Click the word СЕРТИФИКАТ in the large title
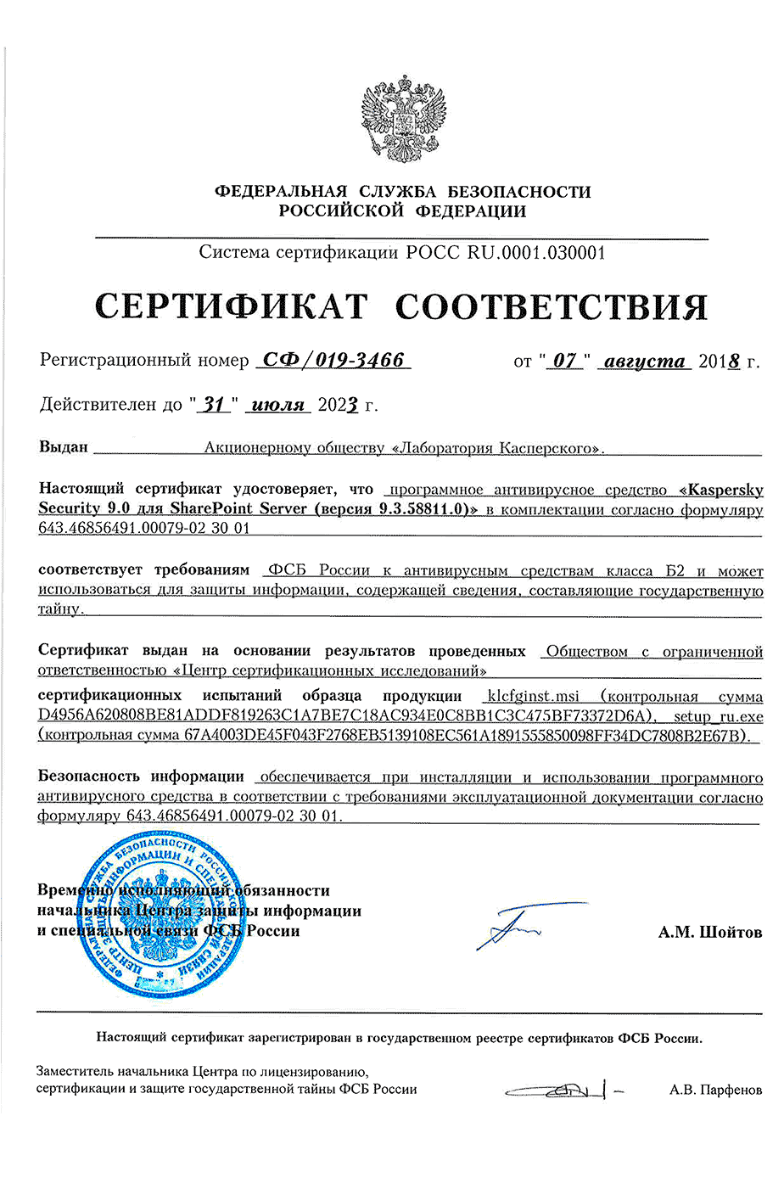[231, 306]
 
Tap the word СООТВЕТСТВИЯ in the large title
[552, 306]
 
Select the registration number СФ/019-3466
[333, 360]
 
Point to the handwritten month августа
[644, 361]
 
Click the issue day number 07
[565, 361]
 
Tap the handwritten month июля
[278, 405]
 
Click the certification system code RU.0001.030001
[536, 252]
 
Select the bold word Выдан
[64, 447]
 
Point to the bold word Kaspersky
[725, 490]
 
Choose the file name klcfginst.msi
[533, 696]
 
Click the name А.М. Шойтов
[709, 932]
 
